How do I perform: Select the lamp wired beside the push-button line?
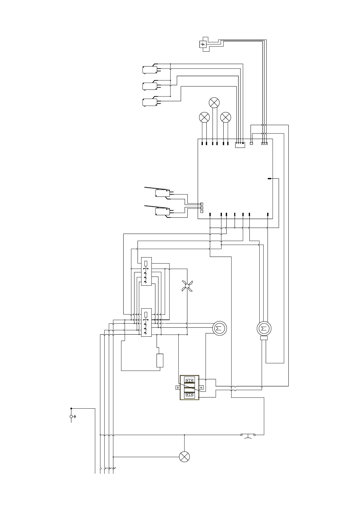(x=184, y=456)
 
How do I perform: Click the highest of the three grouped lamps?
(x=214, y=103)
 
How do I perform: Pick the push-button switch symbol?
(x=248, y=436)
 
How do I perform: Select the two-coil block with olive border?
(x=190, y=387)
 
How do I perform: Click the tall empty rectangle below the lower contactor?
(x=160, y=360)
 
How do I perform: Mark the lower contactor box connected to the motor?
(x=146, y=322)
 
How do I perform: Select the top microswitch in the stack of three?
(x=149, y=70)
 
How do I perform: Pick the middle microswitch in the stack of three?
(x=149, y=86)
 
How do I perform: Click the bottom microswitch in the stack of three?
(x=149, y=102)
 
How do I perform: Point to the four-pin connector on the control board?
(x=240, y=145)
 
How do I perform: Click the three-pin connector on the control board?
(x=264, y=143)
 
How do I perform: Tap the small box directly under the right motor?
(x=264, y=338)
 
